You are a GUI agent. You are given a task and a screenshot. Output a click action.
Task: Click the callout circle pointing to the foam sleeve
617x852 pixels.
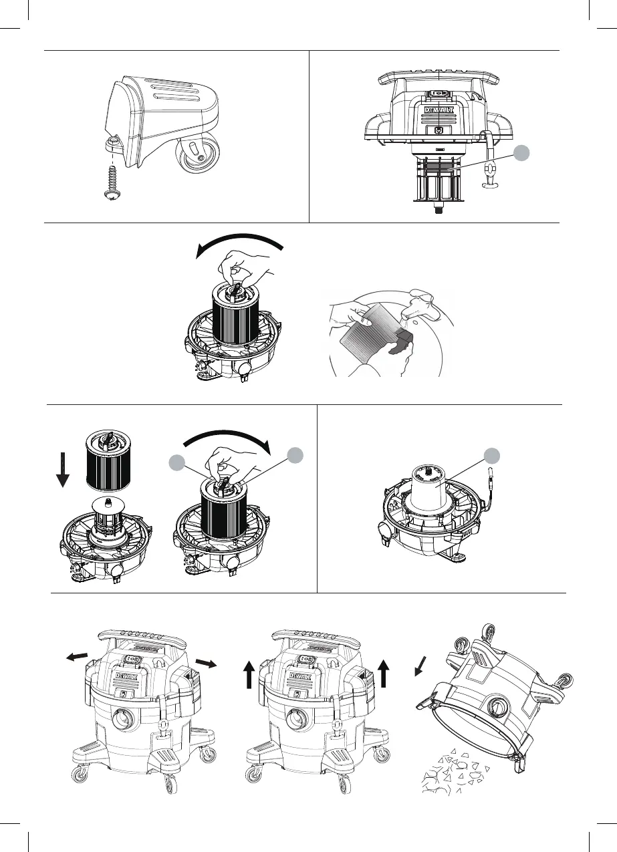pyautogui.click(x=492, y=456)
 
